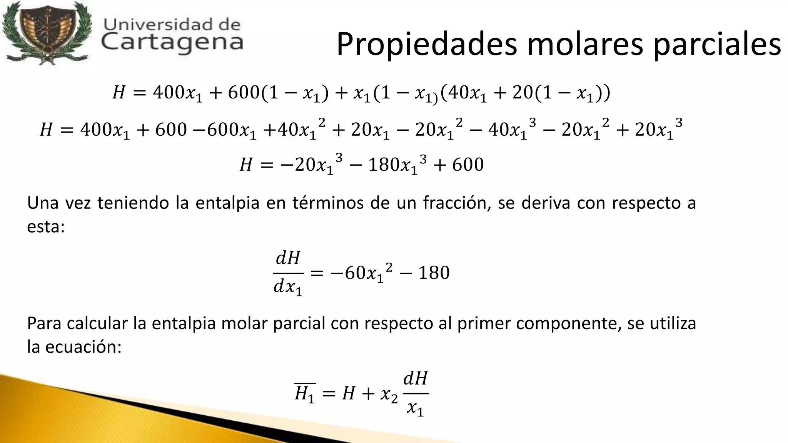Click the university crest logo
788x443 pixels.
[46, 34]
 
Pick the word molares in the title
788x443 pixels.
[585, 44]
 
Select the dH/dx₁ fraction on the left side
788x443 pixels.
[288, 273]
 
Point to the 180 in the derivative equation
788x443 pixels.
[434, 273]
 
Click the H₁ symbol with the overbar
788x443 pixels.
[305, 393]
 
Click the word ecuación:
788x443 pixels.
[83, 347]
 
